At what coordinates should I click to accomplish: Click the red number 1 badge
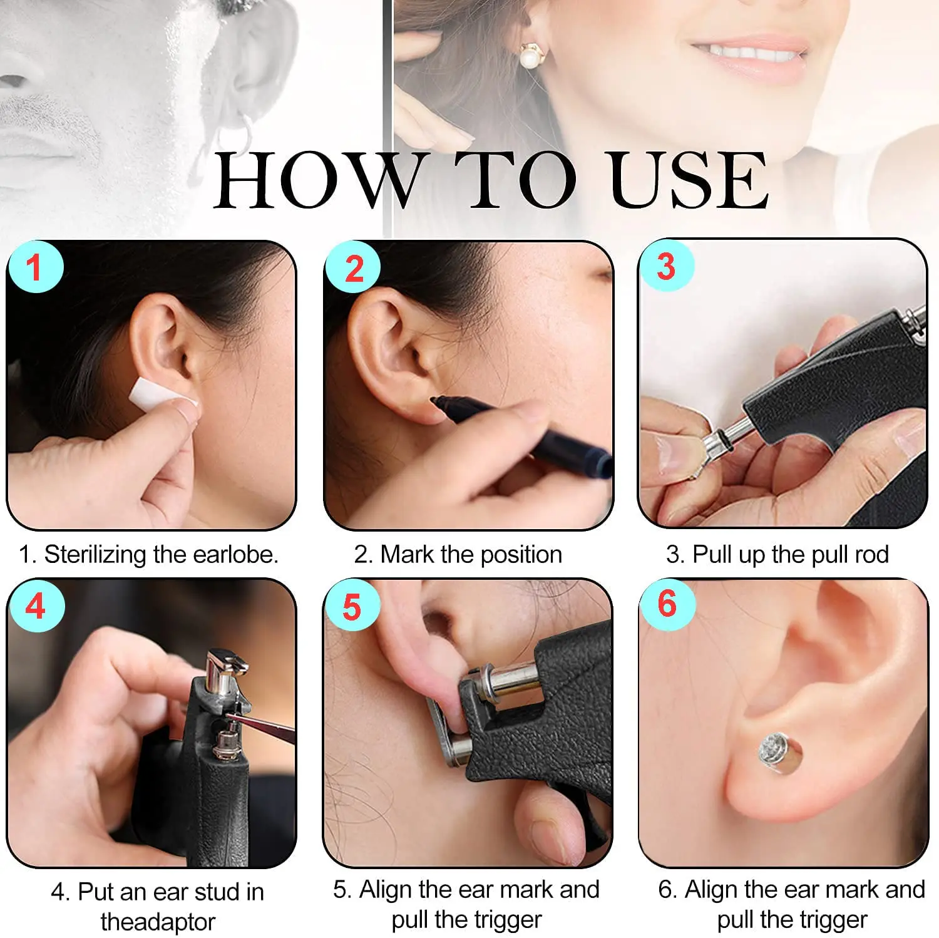(x=34, y=267)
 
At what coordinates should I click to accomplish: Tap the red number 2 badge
(x=354, y=269)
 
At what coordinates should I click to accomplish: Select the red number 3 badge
(x=666, y=266)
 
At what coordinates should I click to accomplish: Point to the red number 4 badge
(x=36, y=606)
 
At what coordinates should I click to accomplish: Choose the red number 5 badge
(x=352, y=607)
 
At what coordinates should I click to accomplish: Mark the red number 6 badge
(x=667, y=604)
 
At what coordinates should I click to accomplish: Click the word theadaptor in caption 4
(x=158, y=922)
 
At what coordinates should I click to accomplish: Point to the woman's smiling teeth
(x=748, y=53)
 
